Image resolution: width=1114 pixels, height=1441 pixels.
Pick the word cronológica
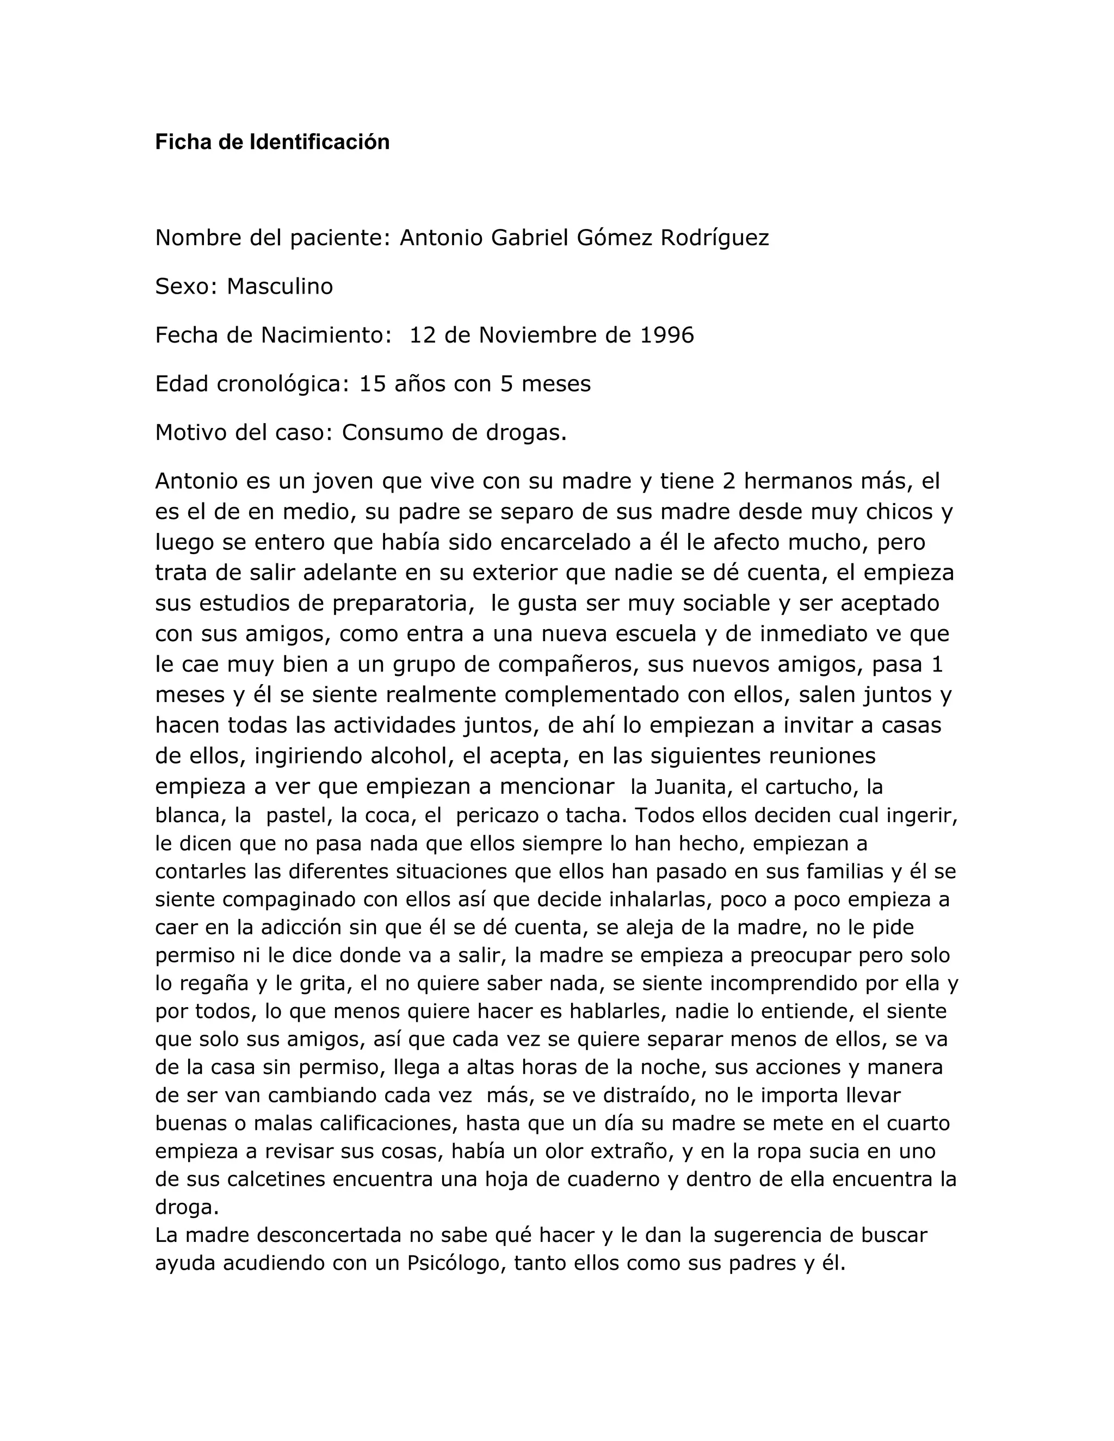pos(282,384)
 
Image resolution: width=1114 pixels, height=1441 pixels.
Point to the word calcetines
pos(276,1179)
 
